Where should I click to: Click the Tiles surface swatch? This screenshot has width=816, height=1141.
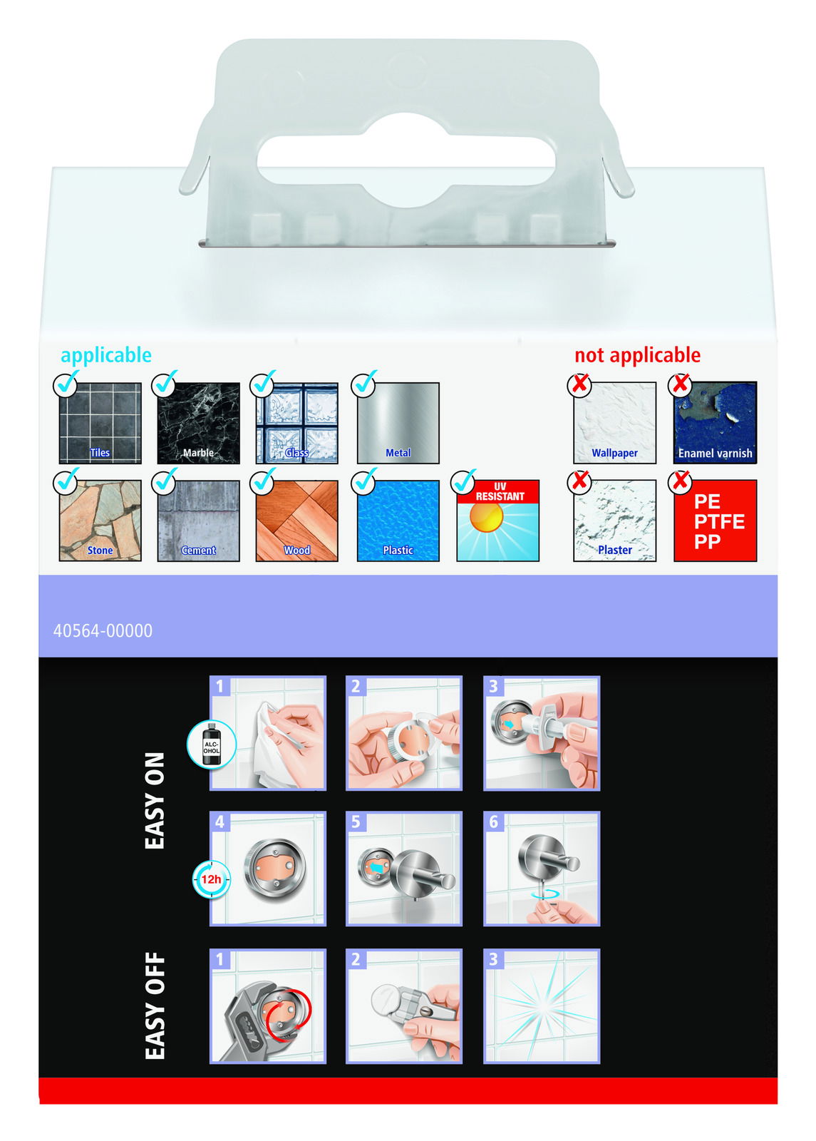(100, 424)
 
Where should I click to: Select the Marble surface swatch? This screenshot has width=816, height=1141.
(199, 424)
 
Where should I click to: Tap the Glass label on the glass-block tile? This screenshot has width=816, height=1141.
(296, 452)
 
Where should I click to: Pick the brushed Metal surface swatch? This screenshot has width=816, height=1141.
(398, 424)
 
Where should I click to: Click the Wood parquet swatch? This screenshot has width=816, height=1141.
(296, 521)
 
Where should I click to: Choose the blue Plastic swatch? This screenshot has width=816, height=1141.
(398, 521)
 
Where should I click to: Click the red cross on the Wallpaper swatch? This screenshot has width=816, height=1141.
(580, 384)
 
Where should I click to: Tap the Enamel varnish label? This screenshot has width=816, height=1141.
(716, 453)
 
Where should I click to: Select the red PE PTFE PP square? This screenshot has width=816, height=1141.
(716, 521)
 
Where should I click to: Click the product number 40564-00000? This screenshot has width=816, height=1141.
(103, 630)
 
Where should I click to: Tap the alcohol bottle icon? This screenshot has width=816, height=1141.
(211, 744)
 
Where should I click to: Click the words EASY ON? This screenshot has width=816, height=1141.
(155, 802)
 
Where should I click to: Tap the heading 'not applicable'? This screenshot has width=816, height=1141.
(637, 355)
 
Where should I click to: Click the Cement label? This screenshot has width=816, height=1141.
(199, 550)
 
